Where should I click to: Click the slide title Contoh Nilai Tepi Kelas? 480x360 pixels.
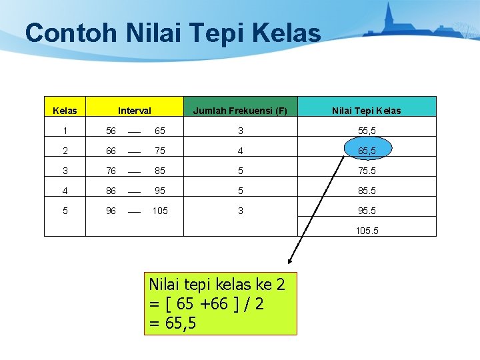173,33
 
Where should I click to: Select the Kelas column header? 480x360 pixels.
65,111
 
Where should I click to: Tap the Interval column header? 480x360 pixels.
134,111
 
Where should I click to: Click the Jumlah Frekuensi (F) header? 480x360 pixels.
240,111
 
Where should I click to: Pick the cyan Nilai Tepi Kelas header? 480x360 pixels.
367,111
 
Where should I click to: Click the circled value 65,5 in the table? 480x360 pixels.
367,151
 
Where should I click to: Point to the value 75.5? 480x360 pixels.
367,171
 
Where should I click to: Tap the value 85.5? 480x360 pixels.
367,191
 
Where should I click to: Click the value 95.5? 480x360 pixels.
367,211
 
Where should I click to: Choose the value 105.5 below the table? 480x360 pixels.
367,231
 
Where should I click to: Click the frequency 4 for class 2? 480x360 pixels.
240,151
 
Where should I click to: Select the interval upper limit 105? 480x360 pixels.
160,211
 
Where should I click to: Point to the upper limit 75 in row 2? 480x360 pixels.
160,151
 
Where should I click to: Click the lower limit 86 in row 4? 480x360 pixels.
111,191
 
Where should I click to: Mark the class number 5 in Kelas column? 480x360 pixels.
65,211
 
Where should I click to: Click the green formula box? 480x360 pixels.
220,303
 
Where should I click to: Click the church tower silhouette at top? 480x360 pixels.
389,17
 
